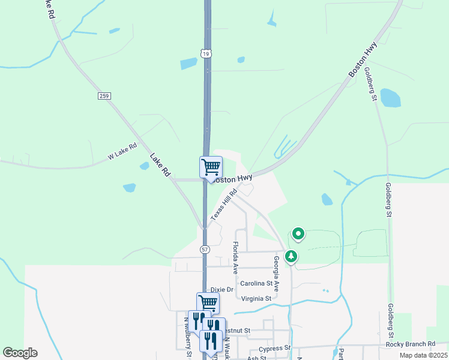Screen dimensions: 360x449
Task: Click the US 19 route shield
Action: (x=206, y=54)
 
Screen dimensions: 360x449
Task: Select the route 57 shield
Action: (x=205, y=248)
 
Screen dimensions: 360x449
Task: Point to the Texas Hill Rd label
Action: (x=224, y=204)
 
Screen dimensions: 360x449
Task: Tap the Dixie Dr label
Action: (x=221, y=289)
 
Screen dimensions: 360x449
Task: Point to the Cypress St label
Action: (x=274, y=348)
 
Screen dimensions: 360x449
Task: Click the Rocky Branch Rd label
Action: (x=411, y=344)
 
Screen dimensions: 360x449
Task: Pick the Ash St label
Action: (x=256, y=358)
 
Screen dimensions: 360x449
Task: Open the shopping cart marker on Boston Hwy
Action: (x=211, y=167)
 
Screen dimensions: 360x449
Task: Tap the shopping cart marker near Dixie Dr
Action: (x=208, y=302)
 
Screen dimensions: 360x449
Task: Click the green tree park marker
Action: (x=291, y=256)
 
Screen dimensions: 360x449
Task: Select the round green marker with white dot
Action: (x=298, y=233)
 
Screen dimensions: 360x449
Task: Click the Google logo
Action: (x=20, y=353)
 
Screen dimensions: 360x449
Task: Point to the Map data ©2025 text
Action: (x=423, y=355)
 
